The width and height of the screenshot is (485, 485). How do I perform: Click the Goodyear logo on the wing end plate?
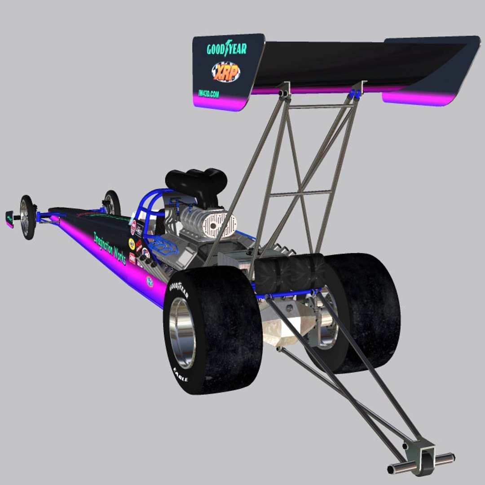pos(227,48)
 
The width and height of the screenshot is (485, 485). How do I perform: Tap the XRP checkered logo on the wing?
pos(226,71)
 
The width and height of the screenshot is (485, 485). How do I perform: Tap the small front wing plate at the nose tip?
pos(9,219)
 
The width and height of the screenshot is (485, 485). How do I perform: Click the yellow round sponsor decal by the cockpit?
pos(132,244)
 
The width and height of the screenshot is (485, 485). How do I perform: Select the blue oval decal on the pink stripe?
pos(150,282)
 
